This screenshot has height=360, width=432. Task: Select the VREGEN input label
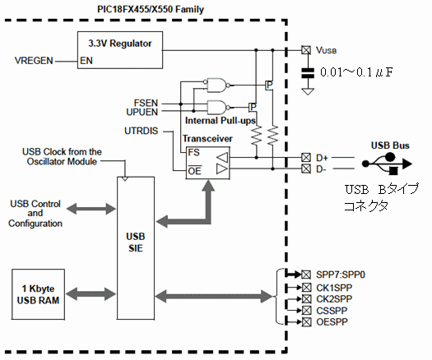(x=34, y=61)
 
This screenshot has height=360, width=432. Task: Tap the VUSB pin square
(x=306, y=50)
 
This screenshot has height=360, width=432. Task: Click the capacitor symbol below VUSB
(x=308, y=73)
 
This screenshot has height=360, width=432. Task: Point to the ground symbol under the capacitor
(x=308, y=92)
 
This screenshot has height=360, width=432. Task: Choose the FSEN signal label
(x=146, y=103)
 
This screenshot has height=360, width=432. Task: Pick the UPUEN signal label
(x=142, y=112)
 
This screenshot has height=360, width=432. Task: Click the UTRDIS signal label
(x=141, y=131)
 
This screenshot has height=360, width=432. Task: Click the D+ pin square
(x=306, y=158)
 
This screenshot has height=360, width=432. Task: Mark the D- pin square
(x=306, y=168)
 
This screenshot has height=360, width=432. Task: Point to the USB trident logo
(x=387, y=164)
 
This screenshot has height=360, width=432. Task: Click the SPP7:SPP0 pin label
(x=341, y=275)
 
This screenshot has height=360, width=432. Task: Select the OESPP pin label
(x=332, y=321)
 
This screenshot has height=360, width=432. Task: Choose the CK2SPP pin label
(x=334, y=298)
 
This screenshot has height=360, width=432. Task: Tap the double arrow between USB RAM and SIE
(x=91, y=293)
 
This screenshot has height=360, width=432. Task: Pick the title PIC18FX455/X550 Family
(x=151, y=9)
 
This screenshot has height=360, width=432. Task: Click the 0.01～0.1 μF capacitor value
(x=356, y=72)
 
